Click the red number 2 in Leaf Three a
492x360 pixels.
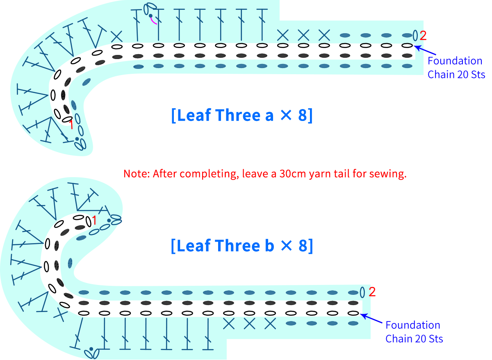(423, 36)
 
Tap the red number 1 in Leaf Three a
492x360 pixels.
(71, 125)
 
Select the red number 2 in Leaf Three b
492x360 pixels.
(372, 292)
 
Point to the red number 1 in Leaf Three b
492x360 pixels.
(94, 220)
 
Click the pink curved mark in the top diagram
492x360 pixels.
(153, 21)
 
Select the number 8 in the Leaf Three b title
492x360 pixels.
(303, 246)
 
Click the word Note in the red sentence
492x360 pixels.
(135, 174)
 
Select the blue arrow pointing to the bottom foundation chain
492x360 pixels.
(371, 318)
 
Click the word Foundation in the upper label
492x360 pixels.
(455, 61)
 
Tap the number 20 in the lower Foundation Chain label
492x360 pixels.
(420, 339)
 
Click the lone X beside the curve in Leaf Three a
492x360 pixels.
(116, 36)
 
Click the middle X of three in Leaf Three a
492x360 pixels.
(303, 35)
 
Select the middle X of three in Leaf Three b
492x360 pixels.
(250, 324)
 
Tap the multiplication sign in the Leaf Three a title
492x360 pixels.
(286, 115)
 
